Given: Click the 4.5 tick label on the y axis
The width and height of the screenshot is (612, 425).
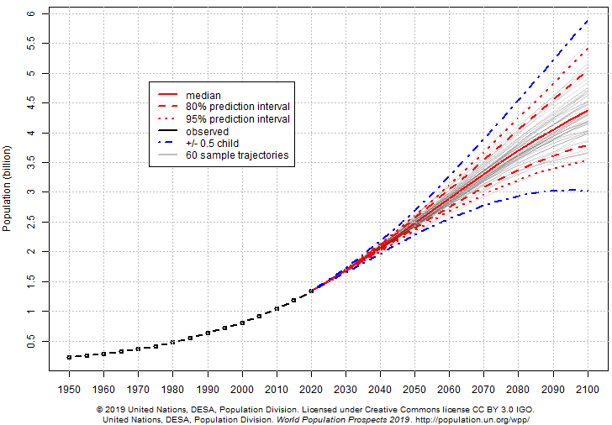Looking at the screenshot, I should pos(31,102).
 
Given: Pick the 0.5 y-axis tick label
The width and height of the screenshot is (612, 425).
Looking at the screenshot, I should pos(31,341).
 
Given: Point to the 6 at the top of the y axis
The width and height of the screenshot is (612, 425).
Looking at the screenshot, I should pos(31,13).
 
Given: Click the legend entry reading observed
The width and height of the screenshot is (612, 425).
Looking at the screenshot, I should pos(208,131).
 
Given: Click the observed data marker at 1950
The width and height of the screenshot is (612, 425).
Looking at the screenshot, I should pos(69,357).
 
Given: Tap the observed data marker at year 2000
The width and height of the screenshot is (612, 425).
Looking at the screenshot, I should pos(242,323).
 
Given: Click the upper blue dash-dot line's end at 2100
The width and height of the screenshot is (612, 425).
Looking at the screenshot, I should pos(588,20).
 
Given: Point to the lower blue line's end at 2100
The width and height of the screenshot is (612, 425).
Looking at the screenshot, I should pos(588,191).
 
